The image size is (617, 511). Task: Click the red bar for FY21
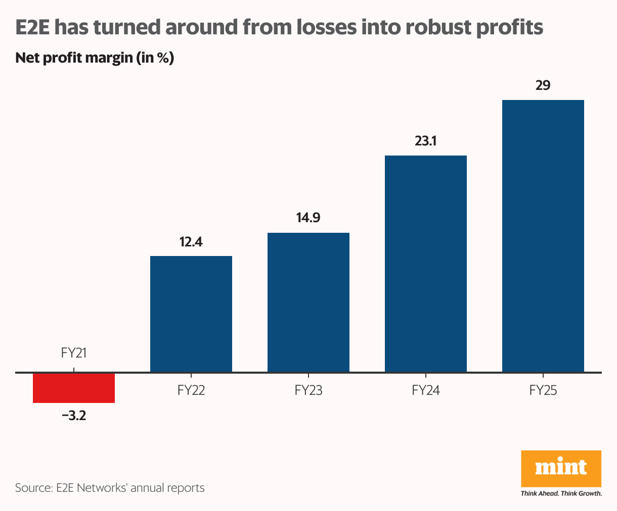(x=74, y=388)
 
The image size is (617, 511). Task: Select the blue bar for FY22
(x=191, y=314)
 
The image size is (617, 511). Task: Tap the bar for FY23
(x=308, y=302)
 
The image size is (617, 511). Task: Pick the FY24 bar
(x=426, y=264)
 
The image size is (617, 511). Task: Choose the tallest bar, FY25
(x=543, y=236)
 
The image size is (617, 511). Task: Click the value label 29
(x=543, y=86)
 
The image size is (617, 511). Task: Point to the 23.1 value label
(x=426, y=141)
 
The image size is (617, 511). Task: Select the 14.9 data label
(x=308, y=219)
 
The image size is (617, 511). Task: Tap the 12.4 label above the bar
(x=191, y=242)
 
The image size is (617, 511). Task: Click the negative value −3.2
(x=74, y=417)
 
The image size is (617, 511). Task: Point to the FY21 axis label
(x=74, y=353)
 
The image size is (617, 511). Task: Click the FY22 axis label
(x=191, y=390)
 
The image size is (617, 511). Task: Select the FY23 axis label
(x=308, y=390)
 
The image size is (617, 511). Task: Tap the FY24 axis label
(x=426, y=390)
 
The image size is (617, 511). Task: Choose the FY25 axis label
(x=543, y=390)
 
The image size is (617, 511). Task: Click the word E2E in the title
(x=33, y=27)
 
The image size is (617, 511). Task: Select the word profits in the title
(x=510, y=27)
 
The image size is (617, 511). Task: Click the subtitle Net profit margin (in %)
(x=95, y=58)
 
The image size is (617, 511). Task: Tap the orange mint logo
(x=561, y=469)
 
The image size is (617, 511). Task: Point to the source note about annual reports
(x=110, y=488)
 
